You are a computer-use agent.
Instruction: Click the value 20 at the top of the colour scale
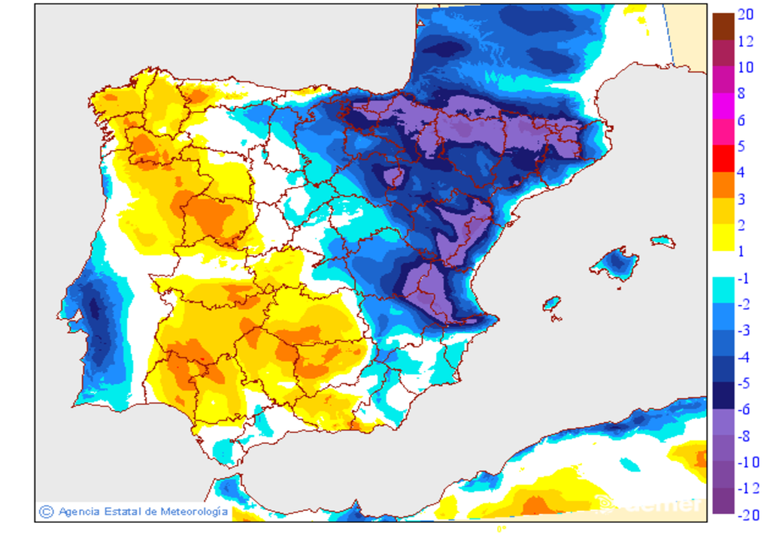click(745, 14)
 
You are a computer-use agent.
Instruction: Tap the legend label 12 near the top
click(745, 41)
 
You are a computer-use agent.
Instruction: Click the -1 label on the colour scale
click(744, 278)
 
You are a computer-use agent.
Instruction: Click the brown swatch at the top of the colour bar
click(723, 26)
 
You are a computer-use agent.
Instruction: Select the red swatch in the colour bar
click(723, 158)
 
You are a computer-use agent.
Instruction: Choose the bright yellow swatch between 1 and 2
click(723, 237)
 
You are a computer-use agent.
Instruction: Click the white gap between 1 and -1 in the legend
click(723, 264)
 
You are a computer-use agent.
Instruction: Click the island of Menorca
click(662, 241)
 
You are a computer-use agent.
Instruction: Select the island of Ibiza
click(553, 304)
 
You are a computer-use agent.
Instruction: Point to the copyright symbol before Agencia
click(47, 511)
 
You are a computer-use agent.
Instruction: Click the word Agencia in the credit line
click(80, 511)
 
